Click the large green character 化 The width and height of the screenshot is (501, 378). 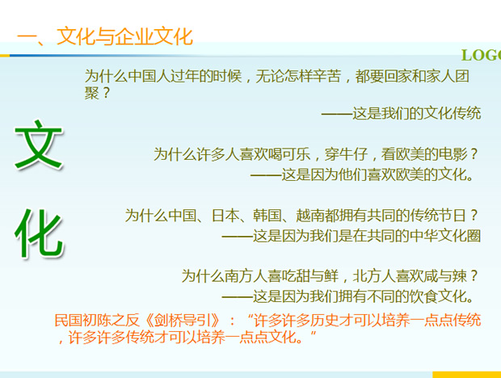(38, 233)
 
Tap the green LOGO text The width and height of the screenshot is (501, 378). (481, 55)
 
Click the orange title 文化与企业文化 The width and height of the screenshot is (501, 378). (124, 36)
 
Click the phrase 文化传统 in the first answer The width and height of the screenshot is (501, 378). (453, 113)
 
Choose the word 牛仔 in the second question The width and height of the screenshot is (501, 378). (353, 154)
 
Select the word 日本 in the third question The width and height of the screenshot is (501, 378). (225, 216)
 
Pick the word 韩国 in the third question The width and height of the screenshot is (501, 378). (267, 216)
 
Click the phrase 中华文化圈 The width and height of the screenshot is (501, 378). (445, 236)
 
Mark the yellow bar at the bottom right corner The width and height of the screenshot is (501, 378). (467, 375)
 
